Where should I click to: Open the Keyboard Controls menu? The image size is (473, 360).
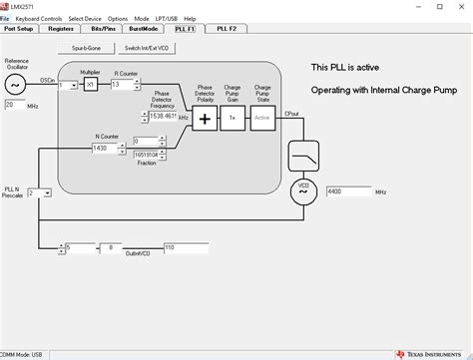click(x=38, y=19)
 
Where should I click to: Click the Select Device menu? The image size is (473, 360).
click(x=84, y=19)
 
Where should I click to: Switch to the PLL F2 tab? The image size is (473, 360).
click(x=227, y=30)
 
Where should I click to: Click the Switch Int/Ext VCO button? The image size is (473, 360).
click(x=145, y=48)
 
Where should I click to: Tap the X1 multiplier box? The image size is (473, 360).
click(x=90, y=86)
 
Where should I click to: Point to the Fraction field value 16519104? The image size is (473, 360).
click(x=150, y=156)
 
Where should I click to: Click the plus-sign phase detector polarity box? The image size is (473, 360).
click(x=206, y=118)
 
